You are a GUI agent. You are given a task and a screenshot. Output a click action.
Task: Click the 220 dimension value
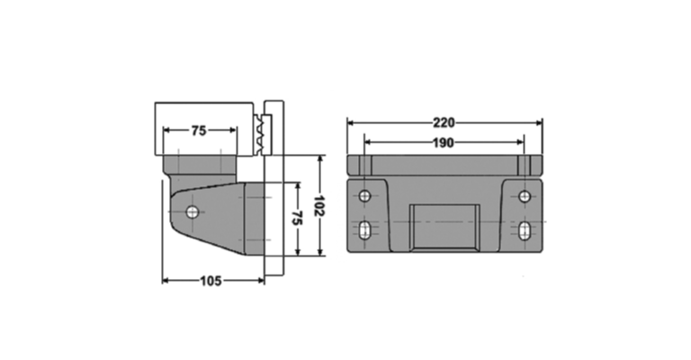coord(444,122)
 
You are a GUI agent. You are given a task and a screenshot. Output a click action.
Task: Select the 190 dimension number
coord(444,143)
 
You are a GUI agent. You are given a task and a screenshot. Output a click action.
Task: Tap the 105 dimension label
coord(211,281)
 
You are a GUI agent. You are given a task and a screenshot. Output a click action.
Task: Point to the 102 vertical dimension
coord(319,205)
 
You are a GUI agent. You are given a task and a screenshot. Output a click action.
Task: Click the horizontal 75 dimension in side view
coord(199,130)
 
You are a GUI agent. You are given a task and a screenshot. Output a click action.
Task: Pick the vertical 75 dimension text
coord(297,218)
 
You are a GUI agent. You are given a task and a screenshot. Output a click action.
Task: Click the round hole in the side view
coord(193,212)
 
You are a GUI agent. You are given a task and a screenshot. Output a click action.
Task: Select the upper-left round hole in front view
coord(365,195)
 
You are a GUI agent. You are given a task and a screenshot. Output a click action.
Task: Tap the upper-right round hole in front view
coord(525,196)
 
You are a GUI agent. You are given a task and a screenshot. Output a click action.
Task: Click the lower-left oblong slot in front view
coord(365,230)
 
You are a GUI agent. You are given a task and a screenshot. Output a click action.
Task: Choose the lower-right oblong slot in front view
coord(525,230)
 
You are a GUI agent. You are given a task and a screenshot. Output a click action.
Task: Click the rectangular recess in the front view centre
coord(444,228)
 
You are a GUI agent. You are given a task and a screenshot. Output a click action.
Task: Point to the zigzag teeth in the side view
coord(259,134)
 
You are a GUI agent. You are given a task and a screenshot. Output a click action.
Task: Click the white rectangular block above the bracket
coord(204,129)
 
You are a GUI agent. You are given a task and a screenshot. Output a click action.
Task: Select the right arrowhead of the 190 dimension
coord(520,142)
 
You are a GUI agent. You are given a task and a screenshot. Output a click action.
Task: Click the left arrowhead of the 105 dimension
coord(166,281)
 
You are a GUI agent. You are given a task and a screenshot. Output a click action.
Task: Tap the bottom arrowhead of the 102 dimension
coord(320,252)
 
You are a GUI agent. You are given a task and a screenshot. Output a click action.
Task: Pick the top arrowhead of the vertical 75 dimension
coord(298,186)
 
